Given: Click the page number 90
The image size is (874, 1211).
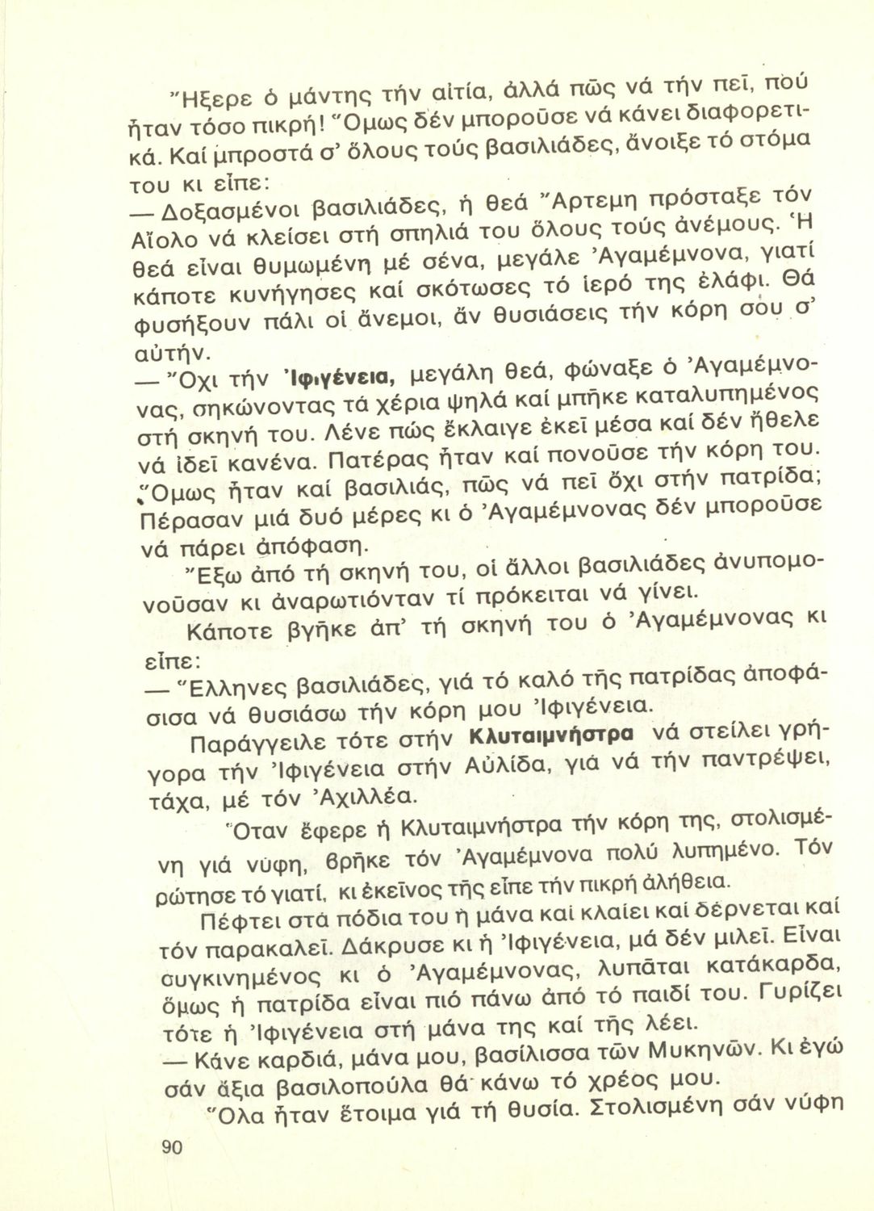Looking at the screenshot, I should point(172,1148).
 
